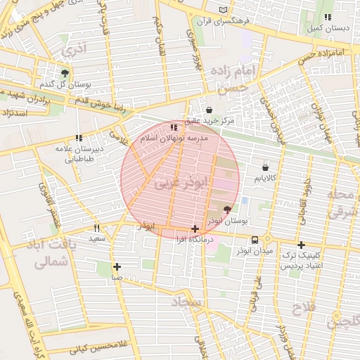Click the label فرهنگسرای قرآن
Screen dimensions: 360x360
pyautogui.click(x=224, y=22)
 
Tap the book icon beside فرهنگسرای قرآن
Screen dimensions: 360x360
pyautogui.click(x=224, y=11)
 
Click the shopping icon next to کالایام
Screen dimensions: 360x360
pyautogui.click(x=264, y=167)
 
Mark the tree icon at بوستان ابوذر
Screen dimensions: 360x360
pyautogui.click(x=226, y=210)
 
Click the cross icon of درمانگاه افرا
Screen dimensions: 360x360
pyautogui.click(x=195, y=229)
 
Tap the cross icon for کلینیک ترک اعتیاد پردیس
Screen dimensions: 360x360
pyautogui.click(x=301, y=245)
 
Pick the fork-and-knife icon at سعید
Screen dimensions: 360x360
pyautogui.click(x=97, y=228)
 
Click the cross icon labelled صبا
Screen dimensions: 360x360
pyautogui.click(x=117, y=266)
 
